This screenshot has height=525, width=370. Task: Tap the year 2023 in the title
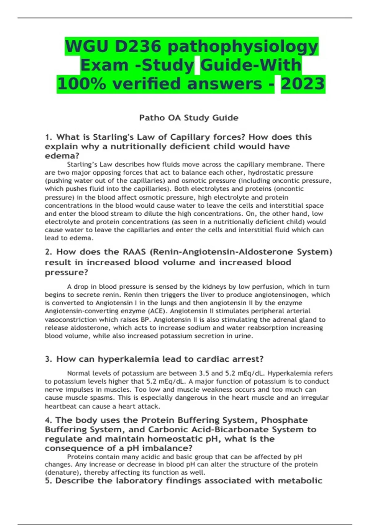303,84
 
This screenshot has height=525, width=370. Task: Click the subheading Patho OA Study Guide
189,118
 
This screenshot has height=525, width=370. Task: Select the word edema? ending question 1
62,156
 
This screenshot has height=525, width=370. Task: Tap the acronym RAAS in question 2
134,252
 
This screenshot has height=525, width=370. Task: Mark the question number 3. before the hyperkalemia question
48,359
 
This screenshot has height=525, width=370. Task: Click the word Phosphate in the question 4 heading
284,420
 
